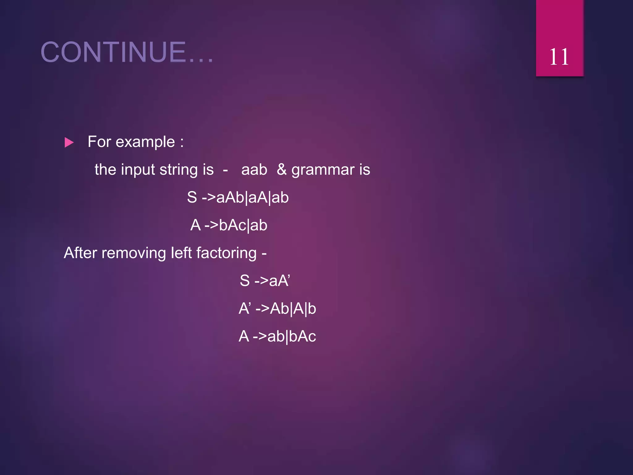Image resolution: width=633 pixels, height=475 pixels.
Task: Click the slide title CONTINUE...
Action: pyautogui.click(x=127, y=52)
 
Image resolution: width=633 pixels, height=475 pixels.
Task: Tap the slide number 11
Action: pyautogui.click(x=559, y=57)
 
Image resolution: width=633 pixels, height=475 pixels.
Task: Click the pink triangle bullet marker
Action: pyautogui.click(x=69, y=143)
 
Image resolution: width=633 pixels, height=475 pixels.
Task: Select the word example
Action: pyautogui.click(x=145, y=142)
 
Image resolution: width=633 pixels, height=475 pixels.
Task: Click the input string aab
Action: pyautogui.click(x=254, y=170)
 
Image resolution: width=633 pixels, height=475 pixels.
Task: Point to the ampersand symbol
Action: pyautogui.click(x=281, y=169)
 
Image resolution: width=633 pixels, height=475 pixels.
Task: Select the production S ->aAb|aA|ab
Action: pyautogui.click(x=238, y=197)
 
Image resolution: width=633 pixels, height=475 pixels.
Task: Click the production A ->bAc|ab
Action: pyautogui.click(x=229, y=225)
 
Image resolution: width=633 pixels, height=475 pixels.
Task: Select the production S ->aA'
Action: pyautogui.click(x=265, y=281)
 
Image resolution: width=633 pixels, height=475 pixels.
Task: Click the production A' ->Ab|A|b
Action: pyautogui.click(x=277, y=309)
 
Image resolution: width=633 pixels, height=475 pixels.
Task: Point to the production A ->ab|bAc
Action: pyautogui.click(x=277, y=336)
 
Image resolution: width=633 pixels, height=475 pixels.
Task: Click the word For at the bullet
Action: pyautogui.click(x=99, y=142)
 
